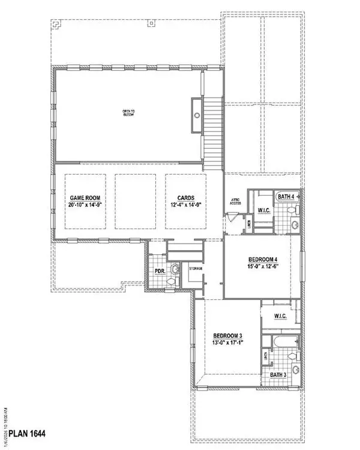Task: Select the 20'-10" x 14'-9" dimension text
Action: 85,206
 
